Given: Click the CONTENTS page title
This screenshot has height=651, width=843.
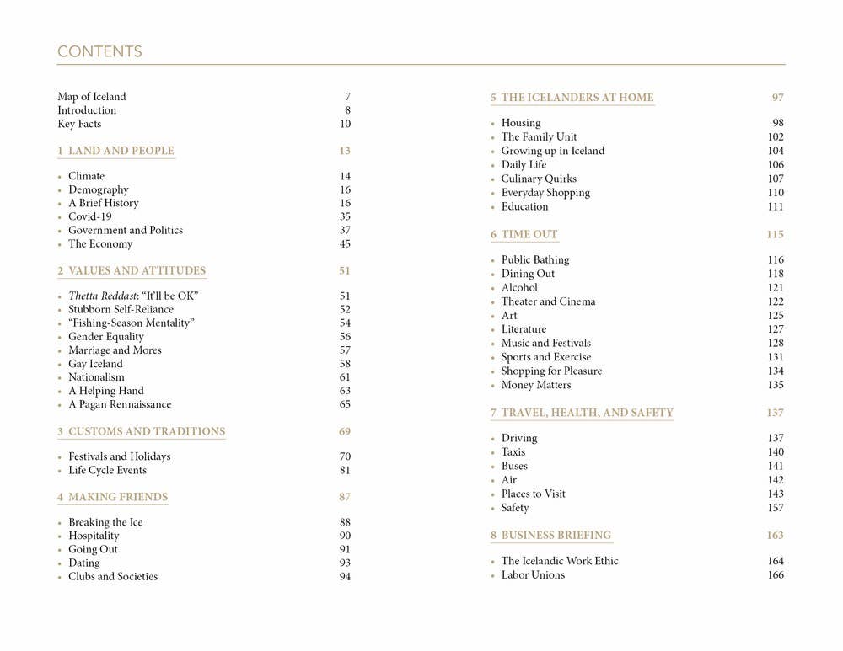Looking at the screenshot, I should pyautogui.click(x=99, y=52).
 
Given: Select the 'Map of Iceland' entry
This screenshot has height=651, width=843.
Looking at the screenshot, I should pyautogui.click(x=92, y=97).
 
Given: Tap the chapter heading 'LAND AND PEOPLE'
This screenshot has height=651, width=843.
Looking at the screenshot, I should pyautogui.click(x=121, y=151).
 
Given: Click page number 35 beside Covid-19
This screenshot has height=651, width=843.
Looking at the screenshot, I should pyautogui.click(x=345, y=216).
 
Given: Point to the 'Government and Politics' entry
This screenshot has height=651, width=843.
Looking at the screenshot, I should pyautogui.click(x=126, y=230).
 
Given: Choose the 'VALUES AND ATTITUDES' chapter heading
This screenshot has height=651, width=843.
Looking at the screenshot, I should pyautogui.click(x=137, y=270).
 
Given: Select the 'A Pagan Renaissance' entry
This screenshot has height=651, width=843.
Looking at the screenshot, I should pyautogui.click(x=120, y=404).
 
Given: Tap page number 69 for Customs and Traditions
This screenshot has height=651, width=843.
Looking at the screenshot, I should pyautogui.click(x=345, y=431).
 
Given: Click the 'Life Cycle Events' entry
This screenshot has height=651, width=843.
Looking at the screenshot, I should pyautogui.click(x=107, y=470).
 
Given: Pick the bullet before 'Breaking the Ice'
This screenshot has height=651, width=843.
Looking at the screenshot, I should pyautogui.click(x=60, y=523).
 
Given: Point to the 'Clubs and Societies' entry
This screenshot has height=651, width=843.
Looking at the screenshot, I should pyautogui.click(x=113, y=576).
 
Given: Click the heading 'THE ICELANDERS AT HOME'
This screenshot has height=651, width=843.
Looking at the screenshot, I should pyautogui.click(x=577, y=97).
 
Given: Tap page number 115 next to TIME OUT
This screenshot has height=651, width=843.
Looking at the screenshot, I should pyautogui.click(x=775, y=234).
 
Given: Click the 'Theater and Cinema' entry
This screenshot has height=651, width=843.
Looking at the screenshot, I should pyautogui.click(x=548, y=301).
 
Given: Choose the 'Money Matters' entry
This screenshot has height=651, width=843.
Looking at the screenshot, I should pyautogui.click(x=536, y=385).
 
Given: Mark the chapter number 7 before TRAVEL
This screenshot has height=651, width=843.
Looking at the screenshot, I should pyautogui.click(x=493, y=413).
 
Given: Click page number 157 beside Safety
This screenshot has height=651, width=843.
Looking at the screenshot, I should pyautogui.click(x=775, y=508).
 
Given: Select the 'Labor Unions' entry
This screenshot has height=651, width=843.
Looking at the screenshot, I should pyautogui.click(x=533, y=574).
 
